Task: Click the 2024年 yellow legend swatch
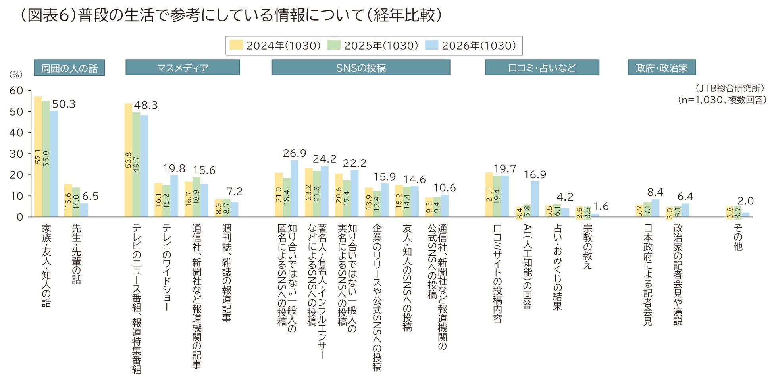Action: [236, 45]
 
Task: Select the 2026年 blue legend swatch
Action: [431, 45]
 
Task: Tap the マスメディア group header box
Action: [183, 68]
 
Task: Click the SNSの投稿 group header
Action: [361, 68]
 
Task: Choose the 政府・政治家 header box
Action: [661, 68]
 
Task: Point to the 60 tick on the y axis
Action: [16, 91]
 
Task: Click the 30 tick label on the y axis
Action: [16, 154]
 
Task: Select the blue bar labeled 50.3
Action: [54, 164]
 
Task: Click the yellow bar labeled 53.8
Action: [128, 160]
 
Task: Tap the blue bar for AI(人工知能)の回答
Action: [535, 199]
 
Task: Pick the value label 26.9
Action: [294, 153]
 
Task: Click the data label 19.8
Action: [174, 168]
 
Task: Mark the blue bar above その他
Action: [746, 215]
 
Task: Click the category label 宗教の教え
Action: [587, 247]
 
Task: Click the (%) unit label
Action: [16, 74]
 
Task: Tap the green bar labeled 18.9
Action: [196, 197]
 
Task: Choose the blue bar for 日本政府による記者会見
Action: [655, 208]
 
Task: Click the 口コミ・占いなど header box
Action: [542, 68]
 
